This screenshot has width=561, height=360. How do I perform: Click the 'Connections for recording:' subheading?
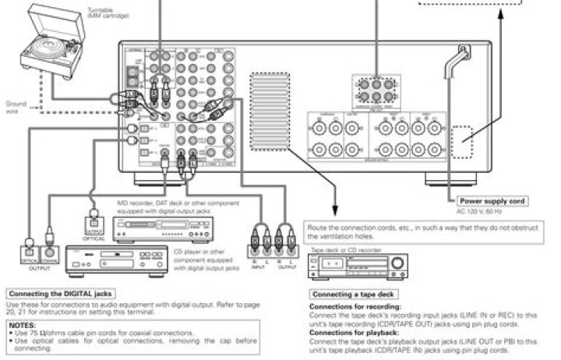351,306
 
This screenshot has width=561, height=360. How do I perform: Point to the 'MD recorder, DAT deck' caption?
156,204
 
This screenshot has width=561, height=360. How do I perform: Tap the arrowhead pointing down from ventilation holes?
336,209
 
